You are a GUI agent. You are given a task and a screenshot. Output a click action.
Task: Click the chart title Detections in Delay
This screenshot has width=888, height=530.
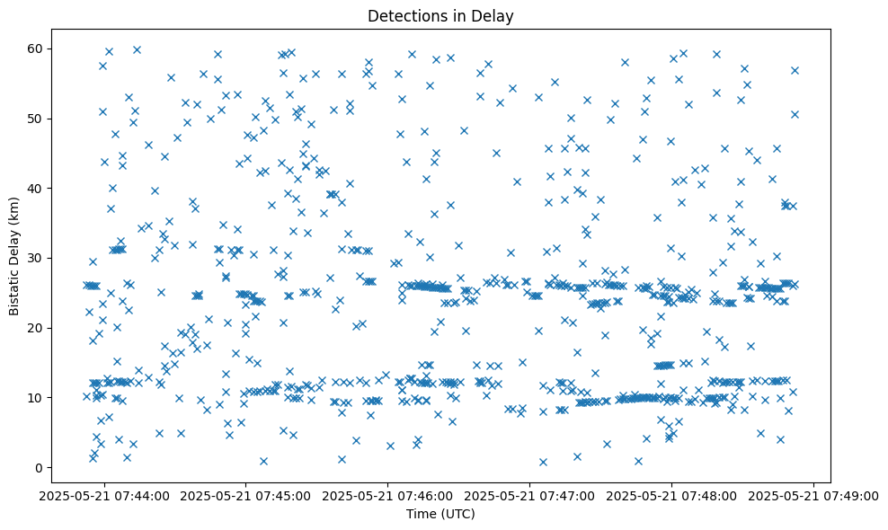441,15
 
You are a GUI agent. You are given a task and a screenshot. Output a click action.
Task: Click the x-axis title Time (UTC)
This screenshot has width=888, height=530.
441,515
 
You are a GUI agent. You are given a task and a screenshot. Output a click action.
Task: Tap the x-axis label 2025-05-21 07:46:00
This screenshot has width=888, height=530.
388,495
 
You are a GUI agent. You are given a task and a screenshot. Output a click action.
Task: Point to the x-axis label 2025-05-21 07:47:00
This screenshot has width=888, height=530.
530,495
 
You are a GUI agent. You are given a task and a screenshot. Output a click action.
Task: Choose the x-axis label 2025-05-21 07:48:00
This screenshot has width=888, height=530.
672,495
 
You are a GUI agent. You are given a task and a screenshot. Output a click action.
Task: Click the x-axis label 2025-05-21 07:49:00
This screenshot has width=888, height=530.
814,495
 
